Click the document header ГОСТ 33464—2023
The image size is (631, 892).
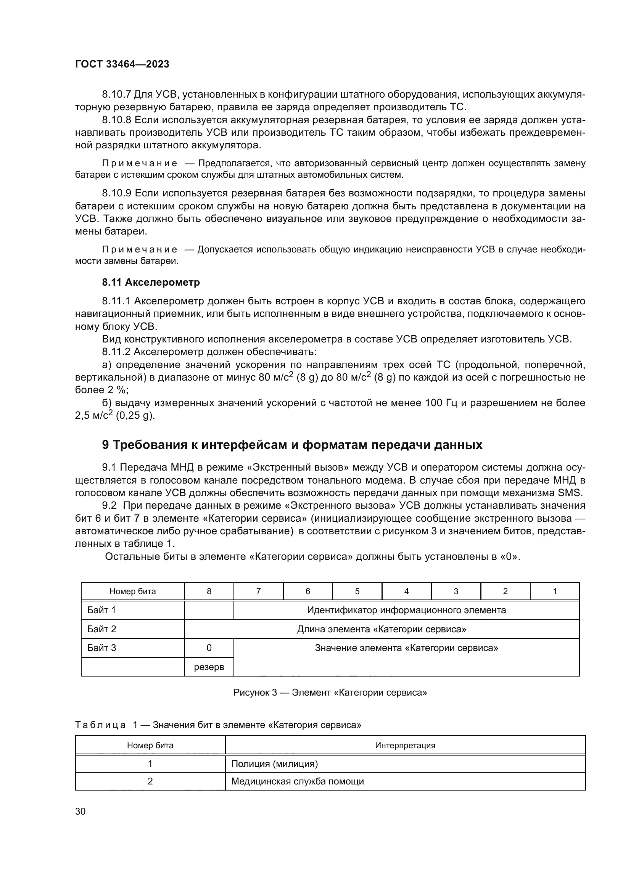[122, 64]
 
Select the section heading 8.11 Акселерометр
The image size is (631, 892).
[151, 282]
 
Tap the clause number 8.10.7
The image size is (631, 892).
[116, 95]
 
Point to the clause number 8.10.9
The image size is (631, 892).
[116, 193]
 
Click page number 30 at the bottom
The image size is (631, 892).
[80, 812]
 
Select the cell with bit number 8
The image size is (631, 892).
[209, 591]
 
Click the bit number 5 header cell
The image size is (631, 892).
[357, 591]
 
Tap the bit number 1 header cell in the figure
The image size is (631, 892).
[554, 591]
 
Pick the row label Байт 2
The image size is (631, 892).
[101, 629]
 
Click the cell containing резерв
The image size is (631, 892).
[209, 667]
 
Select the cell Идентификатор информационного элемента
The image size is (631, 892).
[406, 610]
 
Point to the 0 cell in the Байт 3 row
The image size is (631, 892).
[209, 648]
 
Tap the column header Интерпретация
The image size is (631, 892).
[405, 746]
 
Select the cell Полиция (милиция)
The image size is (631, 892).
[274, 764]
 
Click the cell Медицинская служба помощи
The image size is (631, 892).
[297, 781]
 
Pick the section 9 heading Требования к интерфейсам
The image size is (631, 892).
[292, 444]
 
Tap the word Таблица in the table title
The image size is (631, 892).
[100, 725]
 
